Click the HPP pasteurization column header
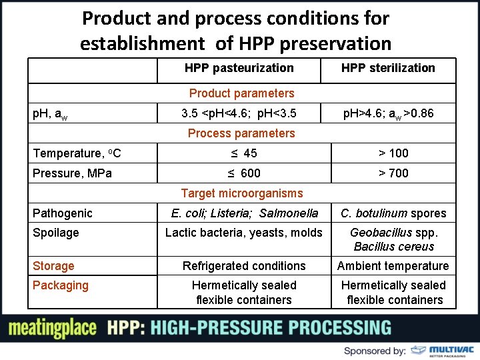click(239, 68)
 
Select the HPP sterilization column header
click(388, 68)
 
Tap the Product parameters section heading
click(241, 93)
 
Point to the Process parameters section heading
click(241, 133)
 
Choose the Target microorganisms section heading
click(241, 193)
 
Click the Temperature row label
click(77, 153)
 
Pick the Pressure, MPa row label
click(72, 173)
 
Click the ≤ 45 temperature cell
click(243, 153)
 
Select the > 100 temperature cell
click(393, 153)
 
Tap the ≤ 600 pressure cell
click(243, 173)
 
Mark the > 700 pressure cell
click(393, 173)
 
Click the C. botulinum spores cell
click(393, 213)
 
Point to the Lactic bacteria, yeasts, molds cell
click(243, 233)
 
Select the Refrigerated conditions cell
click(244, 266)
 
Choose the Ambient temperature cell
click(393, 266)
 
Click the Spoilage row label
click(55, 233)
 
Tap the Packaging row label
click(60, 285)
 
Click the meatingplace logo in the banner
click(52, 328)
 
